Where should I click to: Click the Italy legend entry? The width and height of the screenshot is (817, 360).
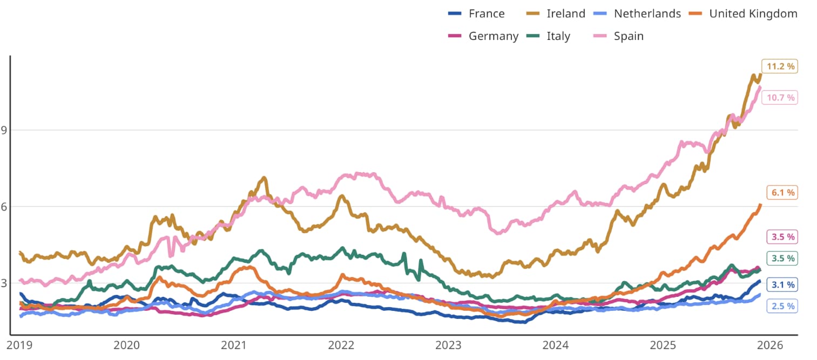tap(558, 36)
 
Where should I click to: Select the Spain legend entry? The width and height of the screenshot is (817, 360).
tap(629, 36)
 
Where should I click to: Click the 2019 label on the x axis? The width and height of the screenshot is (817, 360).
tap(20, 345)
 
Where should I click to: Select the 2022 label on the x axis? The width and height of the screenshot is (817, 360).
tap(341, 345)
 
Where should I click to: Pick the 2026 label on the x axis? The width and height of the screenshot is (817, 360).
tap(770, 345)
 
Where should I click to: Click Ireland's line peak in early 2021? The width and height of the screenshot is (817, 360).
tap(264, 178)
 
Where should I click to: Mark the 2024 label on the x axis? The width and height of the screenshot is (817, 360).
tap(556, 345)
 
